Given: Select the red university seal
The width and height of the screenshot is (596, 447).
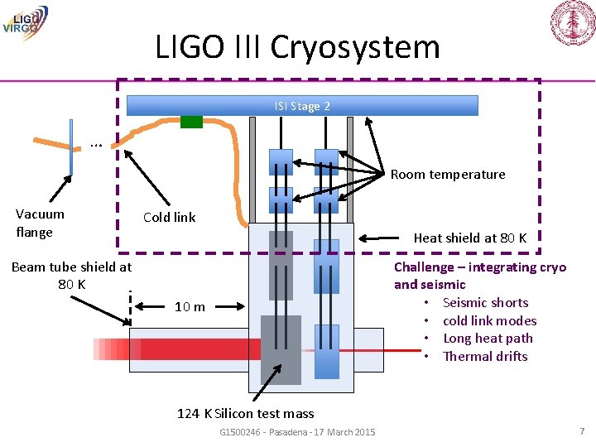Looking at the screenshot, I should tap(573, 23).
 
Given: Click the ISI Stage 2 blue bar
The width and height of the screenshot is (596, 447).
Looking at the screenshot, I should tap(302, 106).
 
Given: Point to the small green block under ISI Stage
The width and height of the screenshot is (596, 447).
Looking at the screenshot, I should tap(191, 122).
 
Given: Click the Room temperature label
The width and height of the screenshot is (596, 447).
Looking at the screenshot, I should tap(447, 174).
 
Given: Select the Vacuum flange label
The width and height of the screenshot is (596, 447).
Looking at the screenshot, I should tap(40, 223).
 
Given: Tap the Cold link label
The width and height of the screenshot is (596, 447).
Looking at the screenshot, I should tap(169, 217).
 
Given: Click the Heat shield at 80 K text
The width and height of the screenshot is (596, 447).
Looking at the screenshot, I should tap(469, 238).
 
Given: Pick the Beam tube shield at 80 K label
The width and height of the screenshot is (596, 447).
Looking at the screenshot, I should tap(71, 275).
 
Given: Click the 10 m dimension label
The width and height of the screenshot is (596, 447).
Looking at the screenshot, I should tap(190, 307).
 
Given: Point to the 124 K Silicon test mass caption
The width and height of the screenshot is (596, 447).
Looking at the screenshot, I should tap(245, 413).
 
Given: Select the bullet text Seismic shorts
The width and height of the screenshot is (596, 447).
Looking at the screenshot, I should tap(485, 302).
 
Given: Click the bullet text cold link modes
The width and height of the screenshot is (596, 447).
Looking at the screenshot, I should tap(489, 320).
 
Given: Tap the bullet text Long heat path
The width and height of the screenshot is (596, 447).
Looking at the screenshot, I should tap(488, 338).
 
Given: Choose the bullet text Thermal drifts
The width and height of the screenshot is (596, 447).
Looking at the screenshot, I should tap(485, 356).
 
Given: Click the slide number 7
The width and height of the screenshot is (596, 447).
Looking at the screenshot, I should tap(582, 431).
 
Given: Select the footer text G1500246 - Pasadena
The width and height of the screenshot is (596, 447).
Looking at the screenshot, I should tap(296, 432).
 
